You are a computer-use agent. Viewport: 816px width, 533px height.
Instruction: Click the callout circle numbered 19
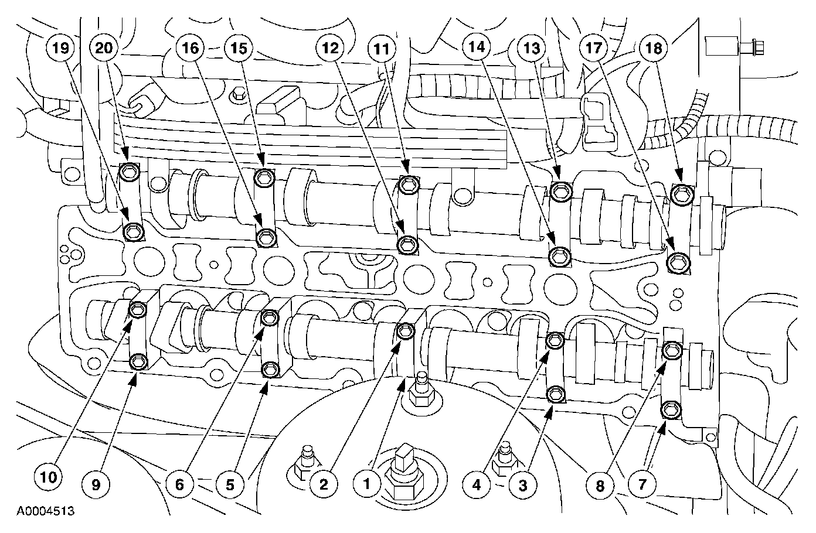(x=60, y=48)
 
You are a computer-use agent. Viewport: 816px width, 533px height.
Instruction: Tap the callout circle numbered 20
(x=104, y=48)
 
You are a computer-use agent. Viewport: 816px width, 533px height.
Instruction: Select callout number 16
(x=190, y=48)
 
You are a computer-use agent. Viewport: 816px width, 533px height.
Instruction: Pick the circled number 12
(x=330, y=48)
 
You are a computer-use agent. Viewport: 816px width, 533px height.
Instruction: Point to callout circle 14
(x=477, y=47)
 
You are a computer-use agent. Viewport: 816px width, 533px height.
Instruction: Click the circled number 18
(x=653, y=48)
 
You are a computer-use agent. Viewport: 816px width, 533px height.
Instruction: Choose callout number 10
(x=48, y=477)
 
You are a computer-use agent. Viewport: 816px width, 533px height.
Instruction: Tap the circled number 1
(x=367, y=484)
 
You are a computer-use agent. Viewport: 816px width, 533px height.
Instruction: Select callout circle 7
(x=642, y=484)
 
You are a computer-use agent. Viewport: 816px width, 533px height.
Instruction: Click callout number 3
(x=523, y=485)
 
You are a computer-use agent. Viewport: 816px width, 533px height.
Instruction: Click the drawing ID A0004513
(x=46, y=511)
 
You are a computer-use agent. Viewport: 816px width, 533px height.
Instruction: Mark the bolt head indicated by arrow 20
(x=130, y=172)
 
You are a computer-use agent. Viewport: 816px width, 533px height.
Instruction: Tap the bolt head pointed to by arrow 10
(x=138, y=310)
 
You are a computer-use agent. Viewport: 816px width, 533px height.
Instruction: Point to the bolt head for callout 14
(x=560, y=257)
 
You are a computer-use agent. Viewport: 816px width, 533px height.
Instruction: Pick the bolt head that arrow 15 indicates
(x=264, y=178)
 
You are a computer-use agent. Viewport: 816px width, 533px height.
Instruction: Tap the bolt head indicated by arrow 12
(x=407, y=245)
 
